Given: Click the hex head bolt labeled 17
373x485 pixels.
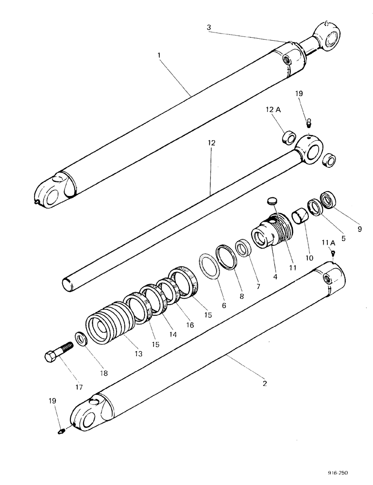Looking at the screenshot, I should [x=56, y=354].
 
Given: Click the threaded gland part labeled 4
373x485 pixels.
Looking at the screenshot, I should [x=270, y=233].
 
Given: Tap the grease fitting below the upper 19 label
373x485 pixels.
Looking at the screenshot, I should [x=308, y=125].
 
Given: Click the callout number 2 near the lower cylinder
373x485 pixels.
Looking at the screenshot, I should [x=264, y=383].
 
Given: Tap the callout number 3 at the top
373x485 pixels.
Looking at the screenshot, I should [x=209, y=27].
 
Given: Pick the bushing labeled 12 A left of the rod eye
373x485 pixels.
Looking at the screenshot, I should [x=290, y=138].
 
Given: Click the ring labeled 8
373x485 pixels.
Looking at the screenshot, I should [x=227, y=255].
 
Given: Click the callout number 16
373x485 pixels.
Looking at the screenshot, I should [x=189, y=324].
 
